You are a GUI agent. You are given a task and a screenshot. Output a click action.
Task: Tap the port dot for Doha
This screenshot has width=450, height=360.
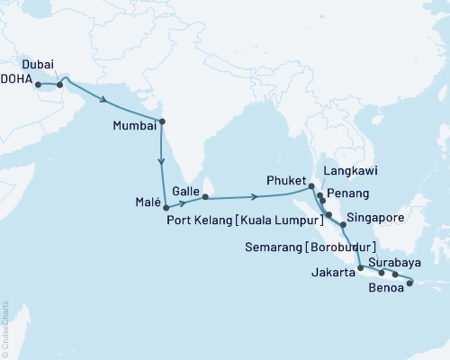click(x=38, y=85)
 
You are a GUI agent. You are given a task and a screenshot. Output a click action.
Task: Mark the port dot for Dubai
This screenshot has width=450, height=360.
click(x=60, y=85)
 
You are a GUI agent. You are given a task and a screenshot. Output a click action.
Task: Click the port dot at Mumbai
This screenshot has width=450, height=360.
click(x=161, y=121)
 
